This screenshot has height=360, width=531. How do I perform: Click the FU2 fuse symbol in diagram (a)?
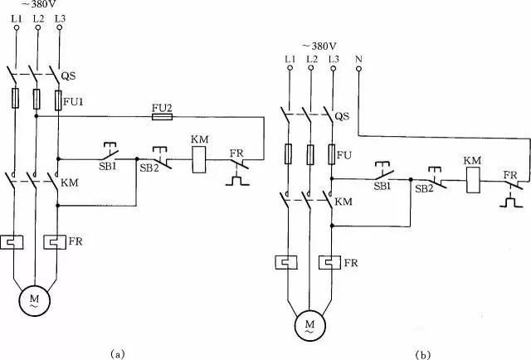[x=162, y=117]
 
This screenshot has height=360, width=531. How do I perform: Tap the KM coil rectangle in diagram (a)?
[x=199, y=160]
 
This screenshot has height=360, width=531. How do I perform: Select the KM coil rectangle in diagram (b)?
[x=473, y=181]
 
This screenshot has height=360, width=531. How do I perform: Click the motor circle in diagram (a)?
[x=35, y=300]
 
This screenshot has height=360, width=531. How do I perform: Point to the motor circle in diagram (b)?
[x=309, y=325]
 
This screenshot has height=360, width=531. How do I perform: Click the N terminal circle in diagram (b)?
[x=358, y=69]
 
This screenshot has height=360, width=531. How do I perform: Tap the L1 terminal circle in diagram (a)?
[x=16, y=27]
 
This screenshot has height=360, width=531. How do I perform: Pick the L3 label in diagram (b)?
[x=334, y=59]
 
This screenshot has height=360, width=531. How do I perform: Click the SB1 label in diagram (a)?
[x=107, y=166]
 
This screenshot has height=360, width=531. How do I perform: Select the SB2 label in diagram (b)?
[x=424, y=188]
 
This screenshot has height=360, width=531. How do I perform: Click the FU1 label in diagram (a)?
[x=74, y=101]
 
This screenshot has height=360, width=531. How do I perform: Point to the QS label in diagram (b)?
[x=342, y=116]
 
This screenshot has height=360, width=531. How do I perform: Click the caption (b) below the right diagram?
[x=423, y=355]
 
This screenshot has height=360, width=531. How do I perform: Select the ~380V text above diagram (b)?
[x=320, y=46]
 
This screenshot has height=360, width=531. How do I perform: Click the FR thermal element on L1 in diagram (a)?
[x=12, y=242]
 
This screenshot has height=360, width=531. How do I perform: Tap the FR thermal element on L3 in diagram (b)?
[x=330, y=263]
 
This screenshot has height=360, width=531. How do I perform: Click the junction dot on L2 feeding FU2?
[x=37, y=116]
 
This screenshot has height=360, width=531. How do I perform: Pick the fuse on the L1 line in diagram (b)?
[x=288, y=153]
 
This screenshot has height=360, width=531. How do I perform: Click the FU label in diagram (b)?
[x=344, y=155]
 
